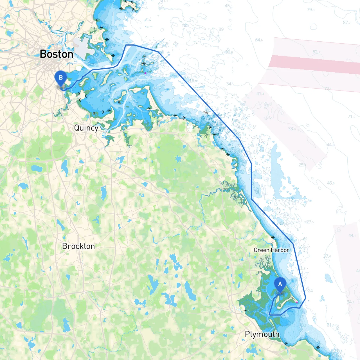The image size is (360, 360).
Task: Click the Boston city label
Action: coord(57,54)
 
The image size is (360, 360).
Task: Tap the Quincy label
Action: coord(86,128)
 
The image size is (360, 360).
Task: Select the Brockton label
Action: coord(78,246)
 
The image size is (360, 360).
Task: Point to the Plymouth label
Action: coord(262,334)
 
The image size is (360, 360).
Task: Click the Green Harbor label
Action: coord(271,250)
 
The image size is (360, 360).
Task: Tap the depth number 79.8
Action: coord(310,10)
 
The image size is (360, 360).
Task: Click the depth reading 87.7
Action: coord(346,23)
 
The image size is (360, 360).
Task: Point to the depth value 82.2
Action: coord(316,52)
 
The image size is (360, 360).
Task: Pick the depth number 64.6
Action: coord(259,40)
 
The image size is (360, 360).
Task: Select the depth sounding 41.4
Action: coord(260,94)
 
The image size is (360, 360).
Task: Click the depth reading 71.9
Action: coord(351,116)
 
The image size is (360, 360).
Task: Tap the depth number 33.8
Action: coord(292,129)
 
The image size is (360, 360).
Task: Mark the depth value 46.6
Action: coord(330,183)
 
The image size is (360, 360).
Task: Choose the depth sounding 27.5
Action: coord(310,222)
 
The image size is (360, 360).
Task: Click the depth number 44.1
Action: coord(352,235)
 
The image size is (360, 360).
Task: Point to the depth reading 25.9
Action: coord(302,165)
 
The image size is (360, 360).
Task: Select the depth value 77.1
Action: coord(328,89)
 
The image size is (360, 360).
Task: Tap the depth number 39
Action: coord(221,29)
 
